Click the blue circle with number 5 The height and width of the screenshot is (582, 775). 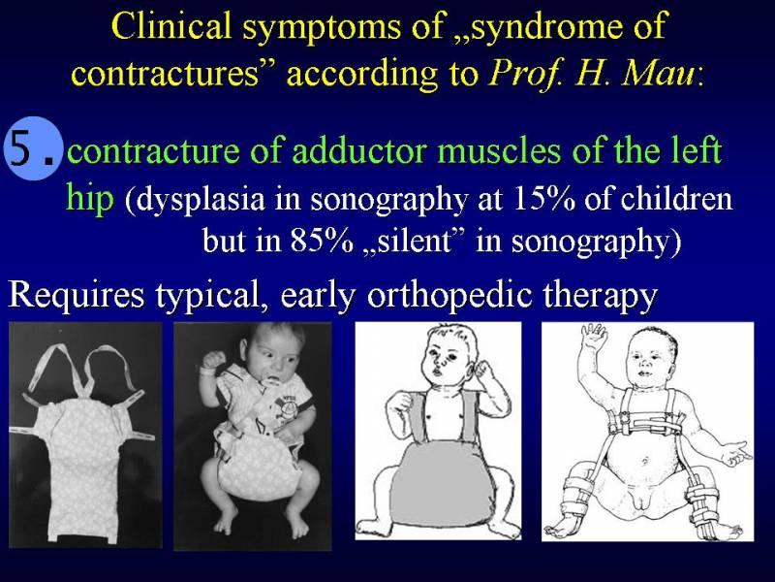pos(34,148)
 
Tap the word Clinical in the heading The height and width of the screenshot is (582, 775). pos(172,26)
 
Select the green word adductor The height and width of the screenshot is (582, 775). pos(359,151)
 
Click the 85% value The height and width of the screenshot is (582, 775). pos(322,241)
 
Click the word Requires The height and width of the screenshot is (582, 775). pos(77,296)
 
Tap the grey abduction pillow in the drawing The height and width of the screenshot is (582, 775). pos(436,482)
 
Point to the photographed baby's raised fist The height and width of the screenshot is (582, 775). pos(213,359)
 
